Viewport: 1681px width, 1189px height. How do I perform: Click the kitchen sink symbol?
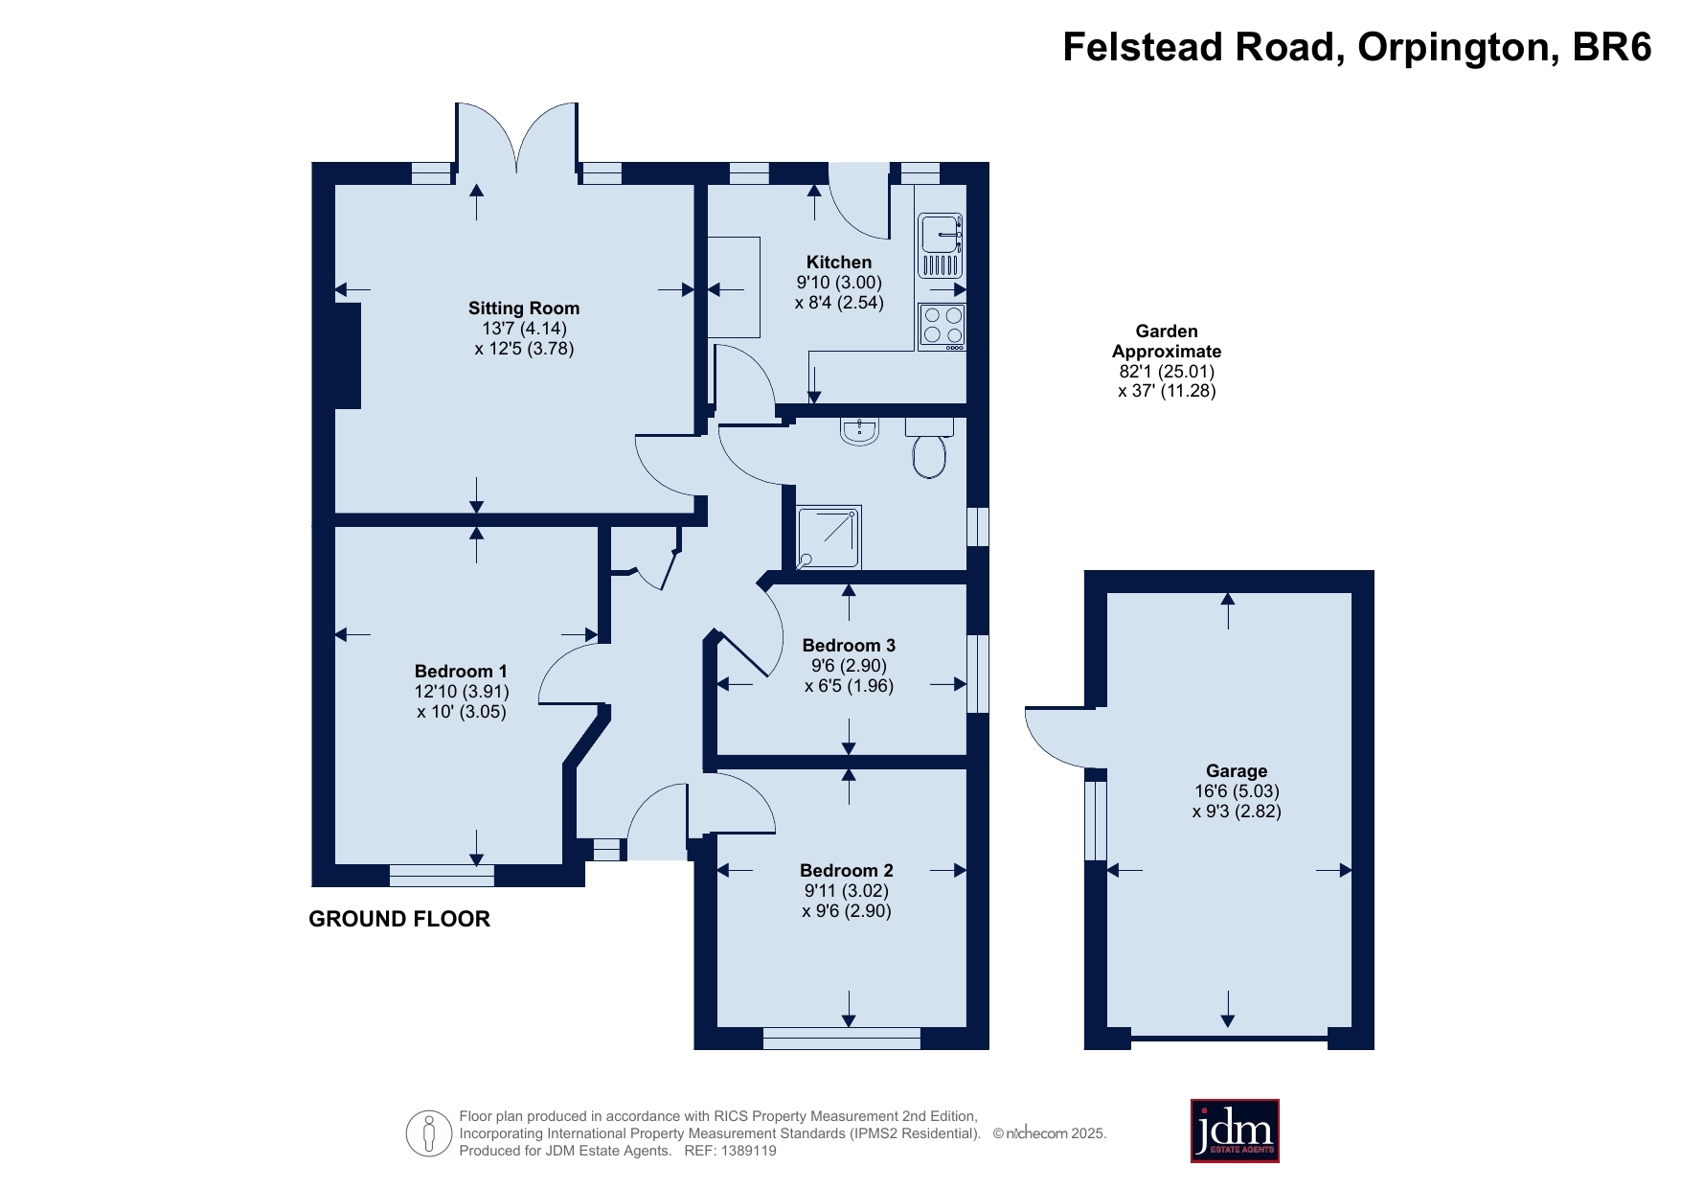[941, 245]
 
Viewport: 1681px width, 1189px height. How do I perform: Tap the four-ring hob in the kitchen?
[942, 327]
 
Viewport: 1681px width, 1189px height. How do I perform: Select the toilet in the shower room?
[929, 447]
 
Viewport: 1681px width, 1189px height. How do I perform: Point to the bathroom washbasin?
[860, 431]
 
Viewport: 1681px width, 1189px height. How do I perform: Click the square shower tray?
[829, 537]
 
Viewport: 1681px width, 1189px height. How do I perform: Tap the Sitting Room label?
[524, 309]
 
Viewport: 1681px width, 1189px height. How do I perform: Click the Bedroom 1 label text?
[461, 672]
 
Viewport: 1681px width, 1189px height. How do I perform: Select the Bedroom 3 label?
[849, 646]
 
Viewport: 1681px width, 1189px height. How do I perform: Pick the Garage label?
[1237, 771]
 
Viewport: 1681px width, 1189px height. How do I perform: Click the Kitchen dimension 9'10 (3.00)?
[839, 283]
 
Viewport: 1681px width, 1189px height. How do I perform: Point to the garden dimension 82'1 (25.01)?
[1167, 371]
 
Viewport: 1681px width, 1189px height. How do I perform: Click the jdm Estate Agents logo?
[1235, 1131]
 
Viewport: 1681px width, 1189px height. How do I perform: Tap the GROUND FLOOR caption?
[399, 919]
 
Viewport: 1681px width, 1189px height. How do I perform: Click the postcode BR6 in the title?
[1612, 47]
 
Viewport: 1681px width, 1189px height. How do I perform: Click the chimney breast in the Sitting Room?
[348, 355]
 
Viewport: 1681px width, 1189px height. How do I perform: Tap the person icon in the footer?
[429, 1134]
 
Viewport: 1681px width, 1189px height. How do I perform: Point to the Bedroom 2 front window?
[842, 1039]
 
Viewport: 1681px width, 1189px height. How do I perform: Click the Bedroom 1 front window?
[442, 876]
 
